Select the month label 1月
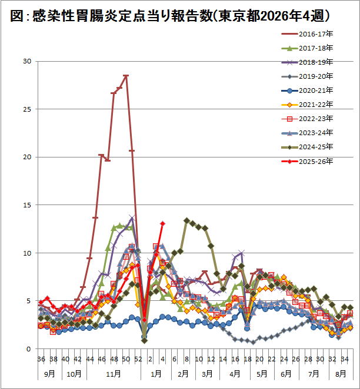pyautogui.click(x=156, y=373)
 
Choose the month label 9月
pyautogui.click(x=50, y=373)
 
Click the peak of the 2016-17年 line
pyautogui.click(x=126, y=76)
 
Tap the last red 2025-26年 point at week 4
pyautogui.click(x=162, y=223)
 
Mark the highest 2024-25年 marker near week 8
pyautogui.click(x=186, y=220)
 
